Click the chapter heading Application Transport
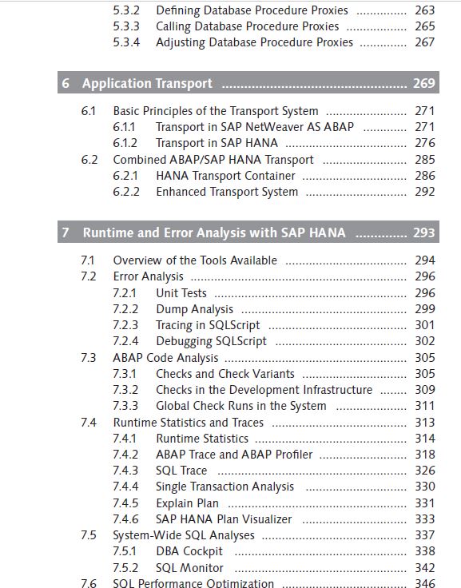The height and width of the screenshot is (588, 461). click(x=147, y=83)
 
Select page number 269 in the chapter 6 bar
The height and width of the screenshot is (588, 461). click(x=424, y=83)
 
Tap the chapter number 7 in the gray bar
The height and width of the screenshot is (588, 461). click(x=66, y=232)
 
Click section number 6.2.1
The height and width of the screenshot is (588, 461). click(x=125, y=176)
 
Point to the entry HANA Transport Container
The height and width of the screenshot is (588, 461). click(x=225, y=176)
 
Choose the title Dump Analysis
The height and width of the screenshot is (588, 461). click(x=194, y=309)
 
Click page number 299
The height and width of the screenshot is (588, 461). click(x=424, y=308)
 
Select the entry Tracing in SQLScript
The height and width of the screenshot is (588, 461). click(x=208, y=325)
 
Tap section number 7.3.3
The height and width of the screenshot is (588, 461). click(x=125, y=406)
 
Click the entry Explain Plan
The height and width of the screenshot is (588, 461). click(x=187, y=503)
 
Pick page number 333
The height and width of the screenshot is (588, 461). click(x=424, y=519)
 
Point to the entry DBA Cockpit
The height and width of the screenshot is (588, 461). click(x=189, y=551)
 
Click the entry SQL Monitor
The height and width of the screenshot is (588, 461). click(x=189, y=568)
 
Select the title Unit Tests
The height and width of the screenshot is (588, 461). click(x=181, y=293)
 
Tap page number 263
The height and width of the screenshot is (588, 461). click(x=424, y=10)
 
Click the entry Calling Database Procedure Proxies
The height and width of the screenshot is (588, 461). click(x=247, y=26)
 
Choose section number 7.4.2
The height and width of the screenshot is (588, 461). click(x=125, y=455)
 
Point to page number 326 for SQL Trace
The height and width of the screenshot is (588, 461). click(x=424, y=471)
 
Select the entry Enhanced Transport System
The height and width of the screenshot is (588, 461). click(x=227, y=192)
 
